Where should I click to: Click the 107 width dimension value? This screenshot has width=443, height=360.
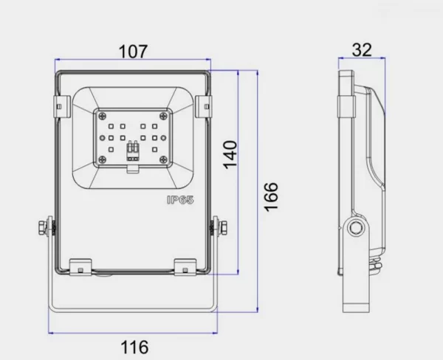point(133,52)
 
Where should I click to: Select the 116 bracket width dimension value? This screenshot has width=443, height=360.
point(134,347)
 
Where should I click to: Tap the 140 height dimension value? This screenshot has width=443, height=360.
point(230,155)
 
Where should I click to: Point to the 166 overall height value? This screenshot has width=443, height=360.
point(271,196)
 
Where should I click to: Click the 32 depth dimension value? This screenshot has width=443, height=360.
point(362,50)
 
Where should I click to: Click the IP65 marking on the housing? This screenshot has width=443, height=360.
point(181,200)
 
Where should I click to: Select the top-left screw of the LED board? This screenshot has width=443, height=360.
point(102,116)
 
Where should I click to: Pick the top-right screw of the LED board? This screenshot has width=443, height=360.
point(163,116)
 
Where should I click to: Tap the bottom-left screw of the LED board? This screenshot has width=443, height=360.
point(102,159)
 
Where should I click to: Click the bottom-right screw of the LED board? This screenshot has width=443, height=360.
point(163,160)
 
